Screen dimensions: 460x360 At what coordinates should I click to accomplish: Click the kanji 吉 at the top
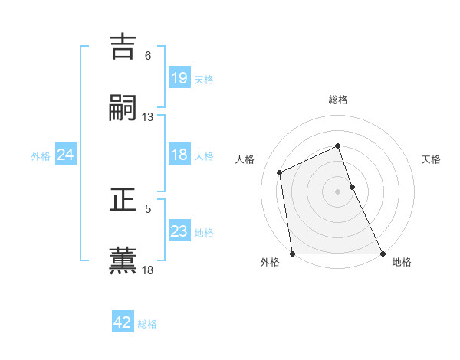123,46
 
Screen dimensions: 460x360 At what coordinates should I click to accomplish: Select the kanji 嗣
123,108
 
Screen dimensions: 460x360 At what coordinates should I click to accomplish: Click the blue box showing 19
179,77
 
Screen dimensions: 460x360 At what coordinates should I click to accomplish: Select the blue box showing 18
179,155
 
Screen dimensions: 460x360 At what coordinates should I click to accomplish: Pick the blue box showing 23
179,231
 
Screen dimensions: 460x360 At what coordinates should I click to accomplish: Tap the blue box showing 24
66,155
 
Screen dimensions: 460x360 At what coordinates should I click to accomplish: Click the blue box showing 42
123,322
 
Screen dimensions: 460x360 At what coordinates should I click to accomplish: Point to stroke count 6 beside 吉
148,56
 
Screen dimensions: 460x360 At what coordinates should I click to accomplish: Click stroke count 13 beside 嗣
148,117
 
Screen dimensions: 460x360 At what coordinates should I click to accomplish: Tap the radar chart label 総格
338,100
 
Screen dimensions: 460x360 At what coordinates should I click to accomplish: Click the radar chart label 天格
432,159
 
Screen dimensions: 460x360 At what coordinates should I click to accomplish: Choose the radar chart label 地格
402,263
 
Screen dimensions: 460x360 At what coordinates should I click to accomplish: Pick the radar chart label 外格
270,263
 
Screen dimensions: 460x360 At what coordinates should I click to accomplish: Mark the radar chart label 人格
245,159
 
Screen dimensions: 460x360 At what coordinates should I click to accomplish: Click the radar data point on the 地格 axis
383,254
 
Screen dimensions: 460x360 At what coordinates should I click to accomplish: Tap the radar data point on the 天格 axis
353,186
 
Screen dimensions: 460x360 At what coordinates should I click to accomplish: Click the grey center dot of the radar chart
338,191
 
